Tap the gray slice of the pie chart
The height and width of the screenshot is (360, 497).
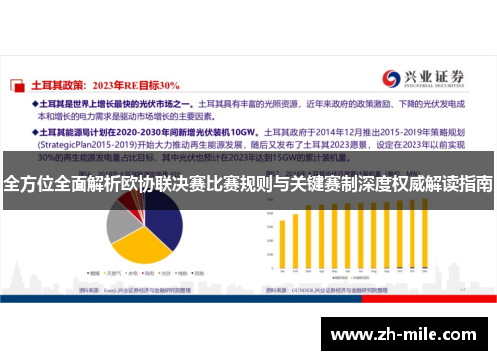(x=121, y=222)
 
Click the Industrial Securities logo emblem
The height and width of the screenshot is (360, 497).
(x=390, y=79)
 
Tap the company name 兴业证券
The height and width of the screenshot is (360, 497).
(x=431, y=76)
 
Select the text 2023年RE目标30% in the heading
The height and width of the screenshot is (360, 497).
(x=138, y=85)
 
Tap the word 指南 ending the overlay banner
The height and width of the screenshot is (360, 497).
(x=475, y=184)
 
